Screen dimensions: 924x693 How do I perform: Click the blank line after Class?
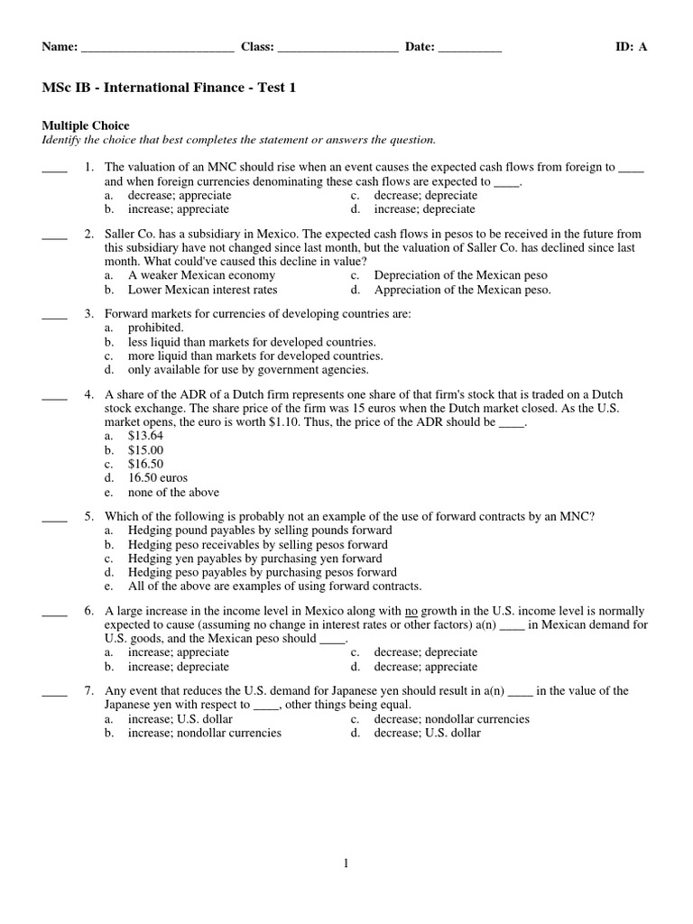tap(338, 49)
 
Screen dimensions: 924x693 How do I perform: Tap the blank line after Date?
tap(469, 49)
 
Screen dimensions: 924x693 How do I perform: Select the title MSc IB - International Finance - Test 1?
tap(169, 88)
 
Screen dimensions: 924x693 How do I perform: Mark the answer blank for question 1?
tap(54, 168)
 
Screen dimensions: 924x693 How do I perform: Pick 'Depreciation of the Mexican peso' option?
tap(460, 275)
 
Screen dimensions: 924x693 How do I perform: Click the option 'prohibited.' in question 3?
tap(155, 328)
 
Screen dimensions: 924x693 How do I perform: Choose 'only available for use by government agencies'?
tap(248, 369)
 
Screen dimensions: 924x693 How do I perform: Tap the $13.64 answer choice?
tap(145, 435)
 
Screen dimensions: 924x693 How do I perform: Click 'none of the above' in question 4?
tap(173, 493)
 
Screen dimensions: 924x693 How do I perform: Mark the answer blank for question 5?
tap(54, 517)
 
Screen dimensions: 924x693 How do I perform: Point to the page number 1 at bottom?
tap(346, 864)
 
